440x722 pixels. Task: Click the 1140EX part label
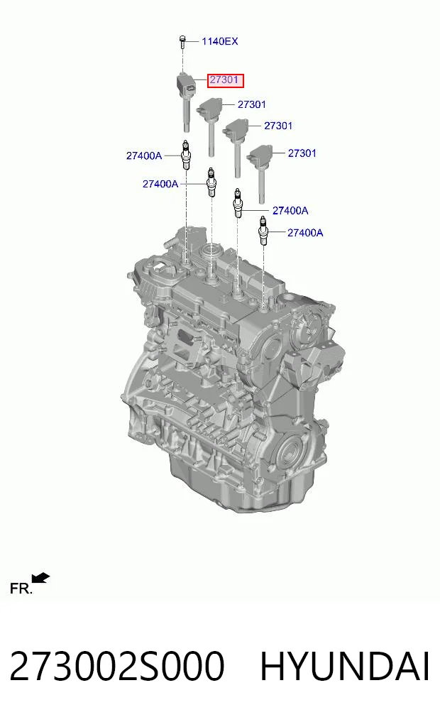click(x=219, y=41)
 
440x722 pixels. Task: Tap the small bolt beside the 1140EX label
click(x=182, y=40)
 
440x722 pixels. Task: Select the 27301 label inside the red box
click(x=224, y=80)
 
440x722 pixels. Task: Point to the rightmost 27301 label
click(x=302, y=153)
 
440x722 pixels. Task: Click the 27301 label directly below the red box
click(x=252, y=104)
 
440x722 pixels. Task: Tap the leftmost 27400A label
click(x=144, y=156)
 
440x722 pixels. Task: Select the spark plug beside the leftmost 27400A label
click(x=185, y=155)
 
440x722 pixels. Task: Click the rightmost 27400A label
click(x=305, y=233)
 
